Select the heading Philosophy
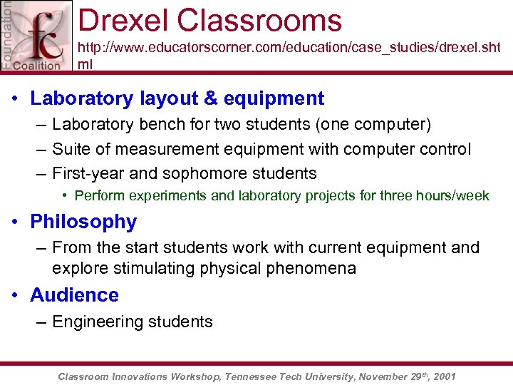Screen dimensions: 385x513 point(83,222)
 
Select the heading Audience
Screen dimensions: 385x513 point(74,295)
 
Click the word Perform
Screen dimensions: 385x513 point(98,195)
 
